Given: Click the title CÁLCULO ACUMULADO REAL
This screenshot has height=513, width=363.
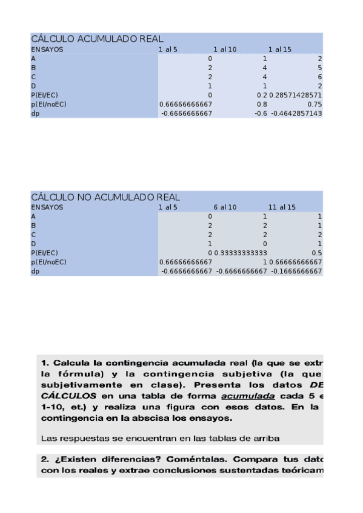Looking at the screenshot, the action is click(97, 39).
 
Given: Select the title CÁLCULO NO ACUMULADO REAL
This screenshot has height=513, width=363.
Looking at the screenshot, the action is click(105, 197).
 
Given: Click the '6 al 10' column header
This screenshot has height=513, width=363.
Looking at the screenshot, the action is click(225, 207).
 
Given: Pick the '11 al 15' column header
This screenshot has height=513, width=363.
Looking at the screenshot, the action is click(282, 207).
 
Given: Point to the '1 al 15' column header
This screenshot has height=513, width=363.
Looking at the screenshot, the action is click(279, 49).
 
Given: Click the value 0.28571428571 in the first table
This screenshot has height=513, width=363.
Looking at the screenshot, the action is click(296, 96).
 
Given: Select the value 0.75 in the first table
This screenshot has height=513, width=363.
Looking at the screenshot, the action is click(315, 104).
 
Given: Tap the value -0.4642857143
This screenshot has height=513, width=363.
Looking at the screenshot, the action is click(296, 113).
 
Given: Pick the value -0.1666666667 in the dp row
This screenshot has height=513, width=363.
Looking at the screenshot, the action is click(296, 272).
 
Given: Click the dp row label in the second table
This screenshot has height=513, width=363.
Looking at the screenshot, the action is click(35, 272).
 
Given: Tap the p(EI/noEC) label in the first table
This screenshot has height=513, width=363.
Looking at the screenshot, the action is click(48, 104).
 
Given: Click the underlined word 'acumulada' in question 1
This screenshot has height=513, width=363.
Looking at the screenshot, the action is click(248, 396).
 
